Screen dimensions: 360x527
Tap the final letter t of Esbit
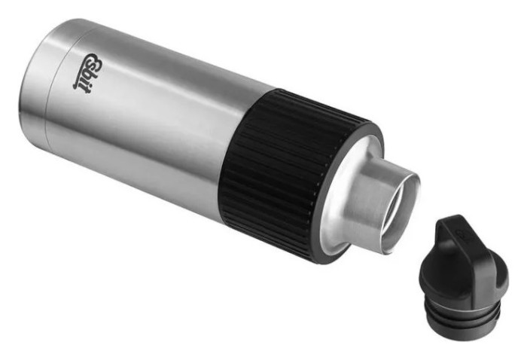[78, 86]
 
